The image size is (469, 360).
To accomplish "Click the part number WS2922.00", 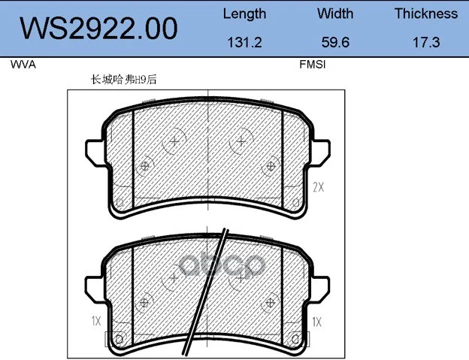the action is [98, 29].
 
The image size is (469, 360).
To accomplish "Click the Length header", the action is [245, 14].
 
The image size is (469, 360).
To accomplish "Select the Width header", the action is [335, 14].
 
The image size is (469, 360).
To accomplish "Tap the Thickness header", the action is [426, 14].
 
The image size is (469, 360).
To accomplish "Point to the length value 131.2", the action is [245, 42].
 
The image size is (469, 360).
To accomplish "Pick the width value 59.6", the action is [335, 42].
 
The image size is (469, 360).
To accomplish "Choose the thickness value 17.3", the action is [426, 42].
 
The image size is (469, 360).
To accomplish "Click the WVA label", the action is [23, 65].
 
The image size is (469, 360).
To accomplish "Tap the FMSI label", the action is [312, 65].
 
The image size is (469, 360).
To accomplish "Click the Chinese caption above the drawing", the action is [123, 80].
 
